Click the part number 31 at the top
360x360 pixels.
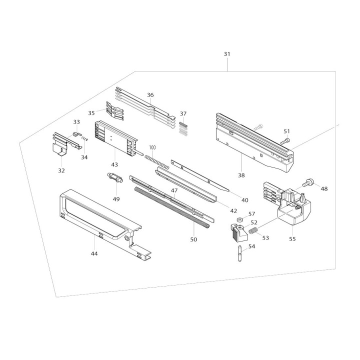pos(227,54)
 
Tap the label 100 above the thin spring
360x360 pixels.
pos(152,147)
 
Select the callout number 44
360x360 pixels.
pos(94,253)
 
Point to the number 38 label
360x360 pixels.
pos(241,175)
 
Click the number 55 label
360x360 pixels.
pos(292,239)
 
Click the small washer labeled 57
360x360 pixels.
pos(240,219)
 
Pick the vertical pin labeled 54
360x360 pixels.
pos(240,253)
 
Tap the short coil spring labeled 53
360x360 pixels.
pos(253,230)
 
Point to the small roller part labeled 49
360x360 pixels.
pos(115,178)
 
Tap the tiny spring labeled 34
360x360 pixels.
pos(84,138)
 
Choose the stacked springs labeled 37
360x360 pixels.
pos(183,129)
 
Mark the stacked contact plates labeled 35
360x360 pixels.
pos(114,111)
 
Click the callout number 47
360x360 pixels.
pos(174,190)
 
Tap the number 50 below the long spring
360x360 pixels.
pos(193,239)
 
